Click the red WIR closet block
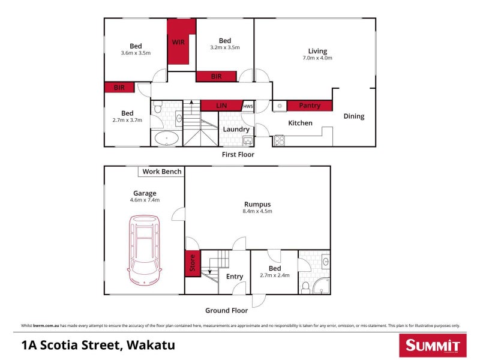click(x=178, y=42)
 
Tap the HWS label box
click(x=248, y=106)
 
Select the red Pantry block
click(x=310, y=106)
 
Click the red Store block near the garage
click(x=192, y=265)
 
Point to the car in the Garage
click(x=143, y=251)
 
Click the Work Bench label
click(x=161, y=172)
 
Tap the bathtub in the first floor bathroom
click(x=166, y=139)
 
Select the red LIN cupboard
click(x=221, y=106)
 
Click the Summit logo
click(x=432, y=345)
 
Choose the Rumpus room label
click(x=257, y=204)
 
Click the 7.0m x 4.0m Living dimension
click(x=317, y=58)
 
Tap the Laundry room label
click(x=236, y=129)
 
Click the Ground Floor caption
click(x=226, y=310)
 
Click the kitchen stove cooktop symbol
click(x=279, y=141)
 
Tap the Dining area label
click(x=353, y=116)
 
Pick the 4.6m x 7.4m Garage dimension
click(x=145, y=200)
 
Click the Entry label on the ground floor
click(x=234, y=277)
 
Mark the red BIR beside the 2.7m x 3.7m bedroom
click(x=119, y=88)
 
